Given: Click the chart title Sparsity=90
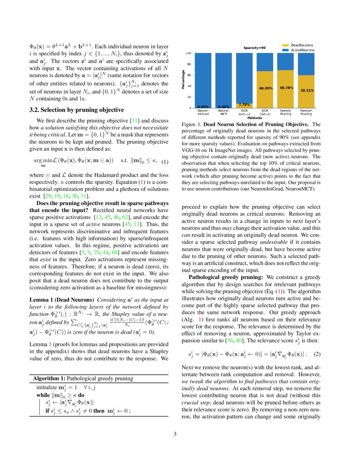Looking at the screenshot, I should coord(254,48).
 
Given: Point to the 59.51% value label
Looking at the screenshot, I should coord(307,90).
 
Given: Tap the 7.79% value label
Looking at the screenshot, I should coord(244,104).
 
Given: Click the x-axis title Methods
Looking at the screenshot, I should coord(255,118).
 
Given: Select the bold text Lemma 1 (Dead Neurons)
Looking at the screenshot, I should coord(61,299).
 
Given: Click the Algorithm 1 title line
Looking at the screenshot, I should coord(83,378).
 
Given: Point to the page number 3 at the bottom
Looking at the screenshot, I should coord(180,434).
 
